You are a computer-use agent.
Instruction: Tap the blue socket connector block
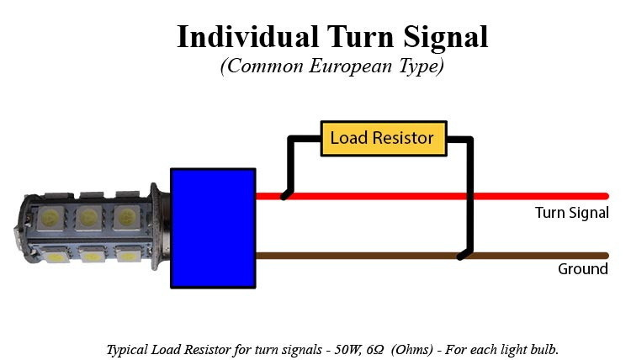coord(213,228)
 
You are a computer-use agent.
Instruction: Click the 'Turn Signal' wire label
coord(571,213)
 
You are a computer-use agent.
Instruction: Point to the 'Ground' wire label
coord(582,269)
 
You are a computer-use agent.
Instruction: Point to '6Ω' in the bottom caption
coord(376,348)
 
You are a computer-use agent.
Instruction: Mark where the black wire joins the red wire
coord(286,196)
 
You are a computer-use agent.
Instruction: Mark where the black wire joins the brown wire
coord(461,256)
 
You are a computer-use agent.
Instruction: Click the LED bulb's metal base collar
coord(160,227)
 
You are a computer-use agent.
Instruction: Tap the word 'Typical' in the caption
coord(127,348)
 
